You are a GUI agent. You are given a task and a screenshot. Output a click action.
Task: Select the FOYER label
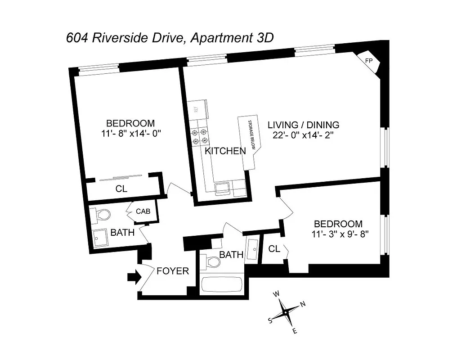(173, 271)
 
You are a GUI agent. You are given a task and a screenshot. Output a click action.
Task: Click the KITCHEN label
(225, 151)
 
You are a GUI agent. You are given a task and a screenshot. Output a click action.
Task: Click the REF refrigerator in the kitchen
(196, 109)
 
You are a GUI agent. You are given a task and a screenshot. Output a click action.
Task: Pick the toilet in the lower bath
(208, 261)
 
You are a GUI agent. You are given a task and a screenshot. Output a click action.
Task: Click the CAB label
(143, 211)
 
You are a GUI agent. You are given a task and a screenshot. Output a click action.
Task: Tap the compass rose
(286, 312)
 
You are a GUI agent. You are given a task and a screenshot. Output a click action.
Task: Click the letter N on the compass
(303, 304)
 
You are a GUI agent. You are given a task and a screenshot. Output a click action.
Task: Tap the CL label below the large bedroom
(121, 189)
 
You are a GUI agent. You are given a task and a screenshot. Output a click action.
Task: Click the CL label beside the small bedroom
(274, 248)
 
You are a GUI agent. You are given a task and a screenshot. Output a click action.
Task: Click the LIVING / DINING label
(304, 125)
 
